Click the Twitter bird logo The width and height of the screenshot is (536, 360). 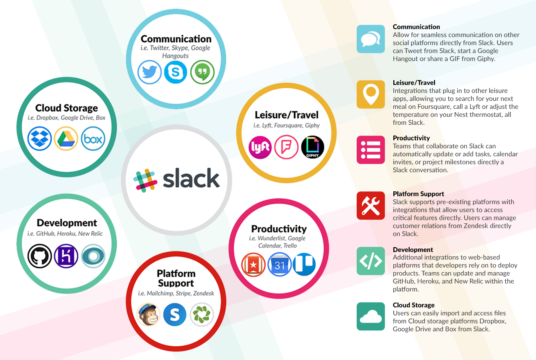[149, 72]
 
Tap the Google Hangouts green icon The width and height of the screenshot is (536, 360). [202, 72]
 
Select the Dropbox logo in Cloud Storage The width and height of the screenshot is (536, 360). [39, 139]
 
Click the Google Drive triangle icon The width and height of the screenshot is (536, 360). [66, 139]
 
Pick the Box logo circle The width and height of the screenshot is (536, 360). [93, 139]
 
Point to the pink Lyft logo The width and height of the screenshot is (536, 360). [260, 147]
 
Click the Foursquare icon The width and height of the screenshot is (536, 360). [286, 147]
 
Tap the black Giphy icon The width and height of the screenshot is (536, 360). [312, 147]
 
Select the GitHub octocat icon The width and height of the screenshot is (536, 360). [39, 256]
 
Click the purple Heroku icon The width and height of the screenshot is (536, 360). [66, 256]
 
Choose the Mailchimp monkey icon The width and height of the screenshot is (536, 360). [149, 315]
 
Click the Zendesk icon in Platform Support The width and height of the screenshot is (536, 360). [202, 315]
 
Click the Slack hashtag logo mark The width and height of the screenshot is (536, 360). [145, 180]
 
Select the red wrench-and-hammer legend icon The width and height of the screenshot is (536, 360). [371, 206]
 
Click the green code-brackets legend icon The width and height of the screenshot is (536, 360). [371, 261]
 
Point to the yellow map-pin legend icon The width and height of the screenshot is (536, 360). [371, 94]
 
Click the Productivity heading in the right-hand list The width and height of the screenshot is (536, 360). [411, 138]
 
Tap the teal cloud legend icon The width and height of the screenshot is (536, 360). [371, 317]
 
